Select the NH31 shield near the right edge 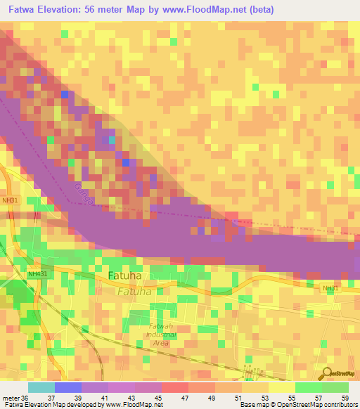pos(330,288)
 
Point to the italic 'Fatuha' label pos(134,291)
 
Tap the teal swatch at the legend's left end pos(41,387)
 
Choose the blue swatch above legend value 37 pos(68,387)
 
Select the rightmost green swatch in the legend pos(335,387)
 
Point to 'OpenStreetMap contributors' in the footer pos(317,405)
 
